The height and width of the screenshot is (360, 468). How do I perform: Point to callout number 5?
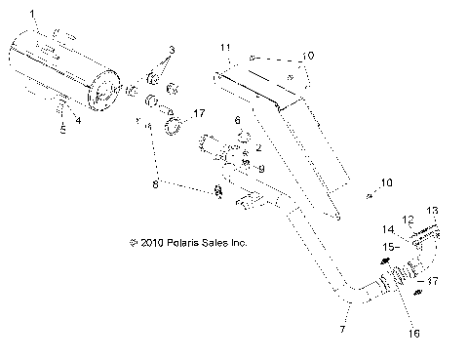pyautogui.click(x=63, y=128)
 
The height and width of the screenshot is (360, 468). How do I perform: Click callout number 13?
pyautogui.click(x=433, y=210)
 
